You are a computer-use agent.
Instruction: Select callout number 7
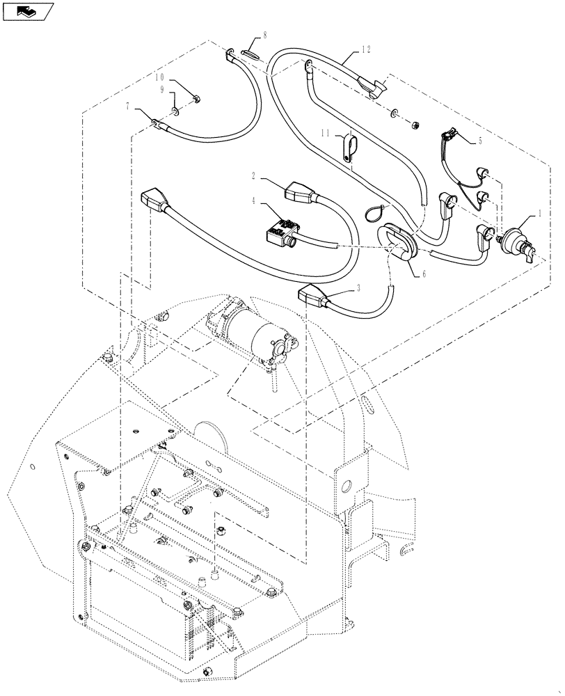pyautogui.click(x=128, y=107)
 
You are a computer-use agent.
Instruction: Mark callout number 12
pyautogui.click(x=367, y=49)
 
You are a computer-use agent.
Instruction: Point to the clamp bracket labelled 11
pyautogui.click(x=351, y=149)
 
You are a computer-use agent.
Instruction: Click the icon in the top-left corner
pyautogui.click(x=28, y=11)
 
